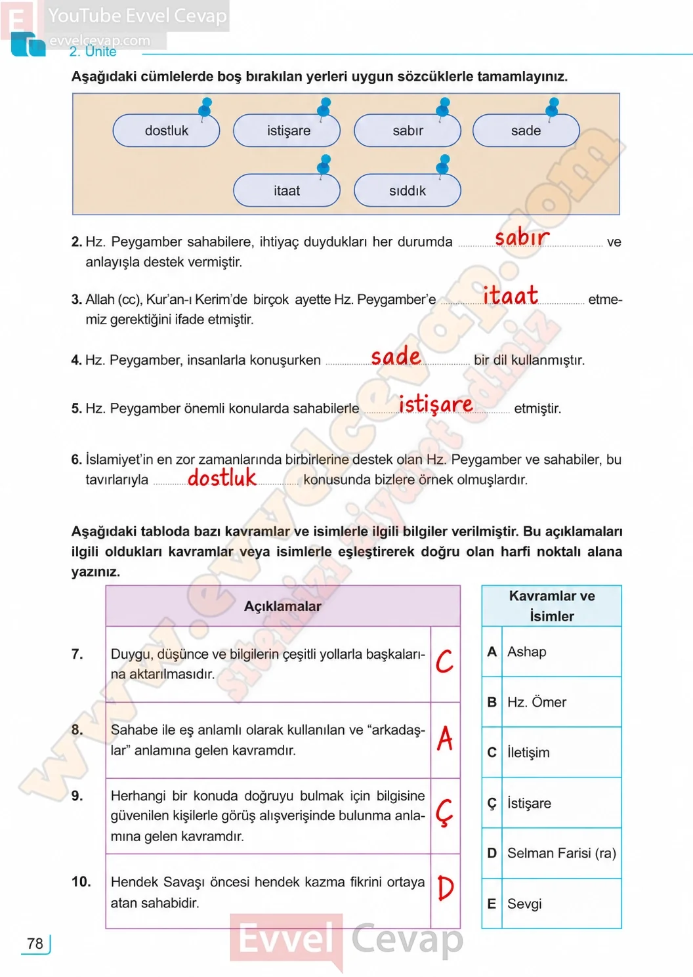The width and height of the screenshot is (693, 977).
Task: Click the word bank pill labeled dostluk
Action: pyautogui.click(x=166, y=131)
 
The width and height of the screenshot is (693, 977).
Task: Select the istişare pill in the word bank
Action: pyautogui.click(x=287, y=131)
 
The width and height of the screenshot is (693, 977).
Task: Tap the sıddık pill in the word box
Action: pyautogui.click(x=408, y=190)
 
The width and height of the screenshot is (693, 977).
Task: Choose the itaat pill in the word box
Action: pyautogui.click(x=287, y=190)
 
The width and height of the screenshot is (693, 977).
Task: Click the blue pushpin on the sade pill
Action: pyautogui.click(x=553, y=108)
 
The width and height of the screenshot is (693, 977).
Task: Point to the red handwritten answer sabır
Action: pyautogui.click(x=522, y=238)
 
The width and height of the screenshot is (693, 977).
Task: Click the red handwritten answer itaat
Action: pyautogui.click(x=511, y=295)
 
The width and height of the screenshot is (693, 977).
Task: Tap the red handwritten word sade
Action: pyautogui.click(x=396, y=356)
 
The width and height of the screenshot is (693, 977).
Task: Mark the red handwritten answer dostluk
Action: pyautogui.click(x=222, y=477)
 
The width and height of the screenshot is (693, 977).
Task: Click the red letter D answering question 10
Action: pyautogui.click(x=446, y=888)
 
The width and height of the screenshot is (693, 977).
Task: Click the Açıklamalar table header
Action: pyautogui.click(x=283, y=606)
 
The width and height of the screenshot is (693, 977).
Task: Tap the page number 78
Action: pyautogui.click(x=35, y=944)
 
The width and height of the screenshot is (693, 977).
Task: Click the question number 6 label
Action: pyautogui.click(x=76, y=459)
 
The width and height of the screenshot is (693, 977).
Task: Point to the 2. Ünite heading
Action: pyautogui.click(x=93, y=51)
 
